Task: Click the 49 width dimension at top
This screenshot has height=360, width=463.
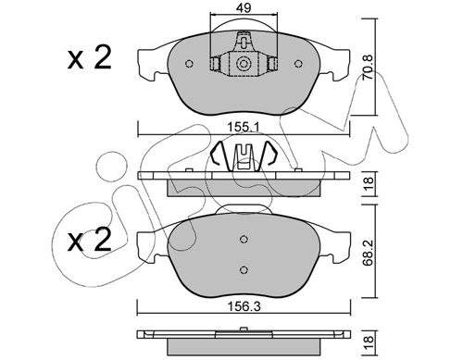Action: (x=244, y=8)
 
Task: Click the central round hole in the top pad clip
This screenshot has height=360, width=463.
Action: (x=244, y=64)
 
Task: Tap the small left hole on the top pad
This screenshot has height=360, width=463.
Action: (x=189, y=64)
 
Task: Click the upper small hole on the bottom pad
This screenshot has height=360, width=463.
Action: (x=244, y=235)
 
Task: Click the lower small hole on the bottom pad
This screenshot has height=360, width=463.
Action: (x=244, y=269)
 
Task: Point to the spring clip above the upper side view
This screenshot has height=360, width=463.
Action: (x=244, y=157)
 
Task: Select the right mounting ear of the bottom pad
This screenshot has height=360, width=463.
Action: (x=342, y=244)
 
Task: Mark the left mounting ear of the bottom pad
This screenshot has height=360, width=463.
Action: (x=145, y=244)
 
